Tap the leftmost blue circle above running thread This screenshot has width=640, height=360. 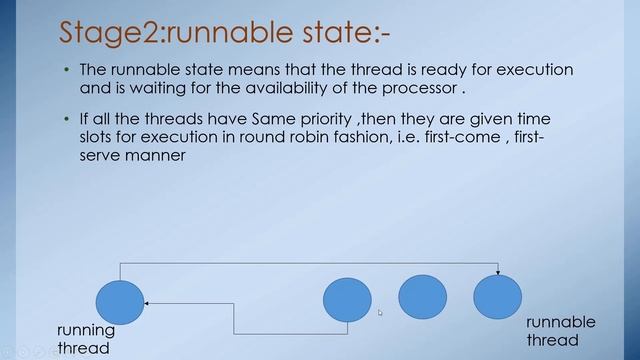[120, 302]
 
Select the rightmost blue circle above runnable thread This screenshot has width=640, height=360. [497, 297]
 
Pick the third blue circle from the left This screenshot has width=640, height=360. [422, 296]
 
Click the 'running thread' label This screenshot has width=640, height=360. [86, 339]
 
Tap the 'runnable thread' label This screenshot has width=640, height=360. [561, 331]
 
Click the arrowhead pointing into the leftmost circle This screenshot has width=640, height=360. [147, 302]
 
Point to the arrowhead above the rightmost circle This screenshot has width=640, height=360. [497, 271]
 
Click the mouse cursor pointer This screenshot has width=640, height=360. [380, 313]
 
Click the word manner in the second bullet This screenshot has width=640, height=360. [158, 156]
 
